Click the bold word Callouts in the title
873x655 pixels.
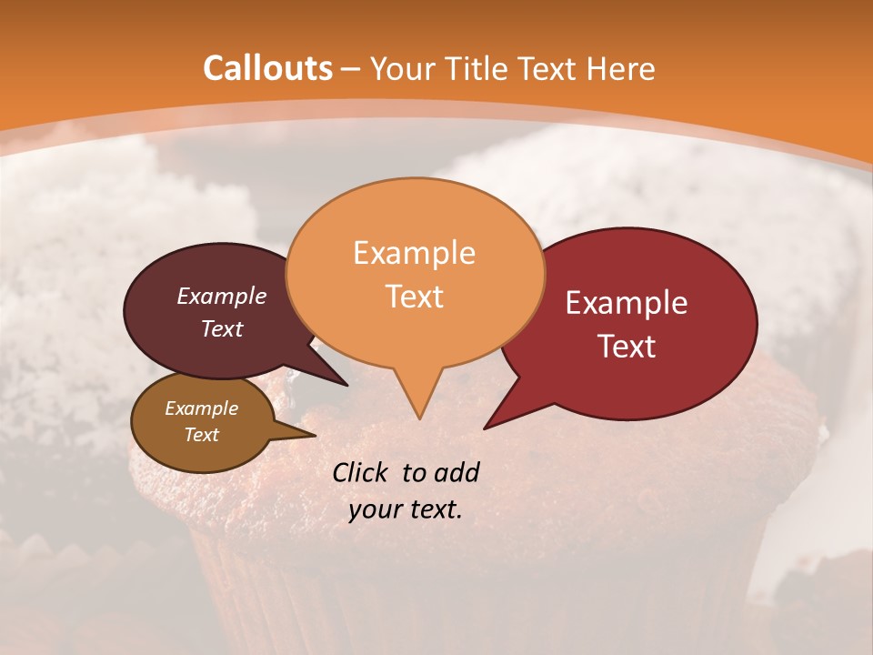[x=267, y=68]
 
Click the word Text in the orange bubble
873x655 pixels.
[x=414, y=296]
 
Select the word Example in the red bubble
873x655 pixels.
[x=627, y=302]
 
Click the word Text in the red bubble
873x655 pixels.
[x=627, y=346]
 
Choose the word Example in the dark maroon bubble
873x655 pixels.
[x=222, y=296]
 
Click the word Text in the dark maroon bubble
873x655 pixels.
[x=222, y=328]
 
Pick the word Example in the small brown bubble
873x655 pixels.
[x=201, y=408]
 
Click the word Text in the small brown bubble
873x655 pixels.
[x=201, y=434]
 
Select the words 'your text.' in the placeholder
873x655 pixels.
[x=406, y=509]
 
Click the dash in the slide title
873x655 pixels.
[x=351, y=68]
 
